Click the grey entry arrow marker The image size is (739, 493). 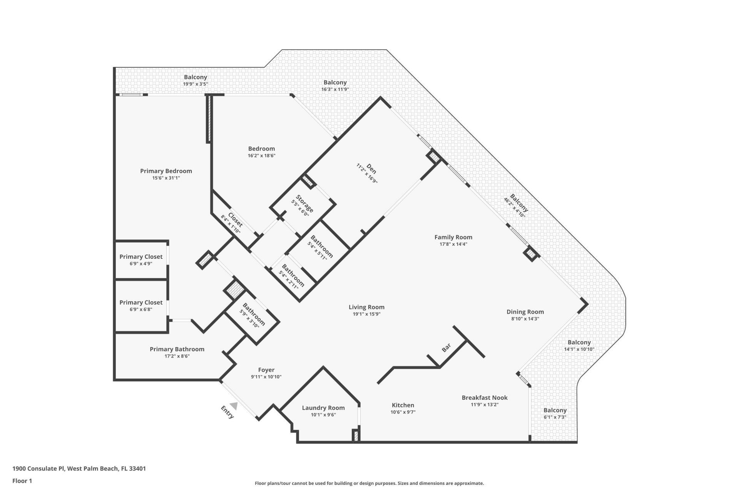[233, 406]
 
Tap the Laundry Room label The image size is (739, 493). [323, 408]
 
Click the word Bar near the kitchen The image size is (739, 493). [446, 348]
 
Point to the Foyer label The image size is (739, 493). [266, 370]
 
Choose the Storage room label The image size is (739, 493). [304, 203]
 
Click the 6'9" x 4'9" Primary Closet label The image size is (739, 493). [141, 257]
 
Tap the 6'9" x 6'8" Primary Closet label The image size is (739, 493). [141, 303]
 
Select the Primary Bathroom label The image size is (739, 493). [177, 349]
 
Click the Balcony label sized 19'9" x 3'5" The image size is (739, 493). [195, 77]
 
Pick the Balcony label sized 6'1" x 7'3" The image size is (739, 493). [555, 411]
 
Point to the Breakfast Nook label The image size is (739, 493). [484, 397]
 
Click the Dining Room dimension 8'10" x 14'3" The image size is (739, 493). [525, 319]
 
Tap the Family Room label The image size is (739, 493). [453, 237]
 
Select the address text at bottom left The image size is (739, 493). [79, 469]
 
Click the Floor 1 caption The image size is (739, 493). [22, 481]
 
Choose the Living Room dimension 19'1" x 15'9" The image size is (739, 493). [366, 314]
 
